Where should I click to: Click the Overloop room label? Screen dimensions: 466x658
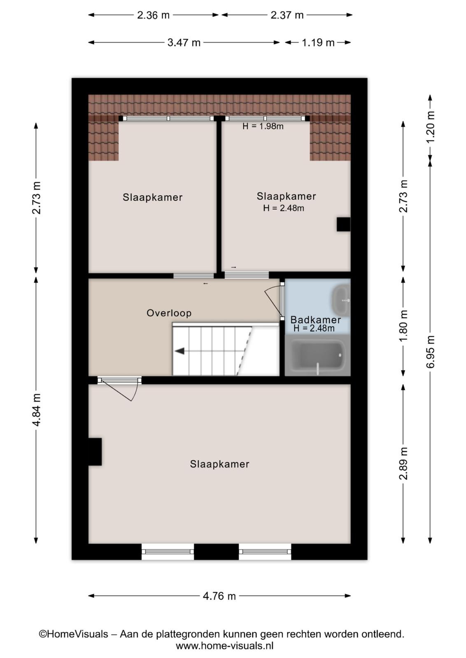pos(169,313)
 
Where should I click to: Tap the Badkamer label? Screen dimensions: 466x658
pos(315,320)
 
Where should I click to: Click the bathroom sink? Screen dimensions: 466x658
pos(341,300)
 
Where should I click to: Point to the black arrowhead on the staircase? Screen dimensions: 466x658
pos(179,351)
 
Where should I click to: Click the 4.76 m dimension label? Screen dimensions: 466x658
pos(219,596)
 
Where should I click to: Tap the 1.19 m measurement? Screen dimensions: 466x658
pos(318,43)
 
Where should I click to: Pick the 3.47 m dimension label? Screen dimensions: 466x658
pos(184,43)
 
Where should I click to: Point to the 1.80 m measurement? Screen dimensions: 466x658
pos(403,325)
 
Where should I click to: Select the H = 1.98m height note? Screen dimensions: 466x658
pos(263,126)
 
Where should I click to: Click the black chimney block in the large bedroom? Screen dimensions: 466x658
pos(95,452)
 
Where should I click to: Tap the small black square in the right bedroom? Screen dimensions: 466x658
pos(343,225)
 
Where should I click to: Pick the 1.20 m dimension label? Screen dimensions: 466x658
pos(430,127)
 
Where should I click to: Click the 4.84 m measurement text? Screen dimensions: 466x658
pos(36,410)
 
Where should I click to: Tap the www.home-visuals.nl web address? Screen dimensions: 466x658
pos(225,646)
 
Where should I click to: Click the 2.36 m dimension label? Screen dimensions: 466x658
pos(154,15)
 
